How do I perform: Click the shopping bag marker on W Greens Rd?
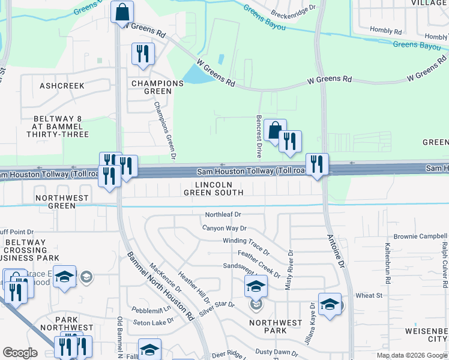(x=122, y=12)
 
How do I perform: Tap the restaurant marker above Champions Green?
(x=143, y=54)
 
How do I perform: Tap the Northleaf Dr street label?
(x=223, y=214)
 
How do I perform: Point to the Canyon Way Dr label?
(x=224, y=228)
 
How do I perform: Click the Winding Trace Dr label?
(x=246, y=244)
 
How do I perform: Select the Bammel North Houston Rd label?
(x=158, y=286)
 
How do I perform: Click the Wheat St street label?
(x=369, y=296)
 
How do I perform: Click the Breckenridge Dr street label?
(x=294, y=11)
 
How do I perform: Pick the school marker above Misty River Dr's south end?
(x=256, y=286)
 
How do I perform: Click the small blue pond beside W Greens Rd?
(x=194, y=74)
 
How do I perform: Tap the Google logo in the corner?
(x=20, y=353)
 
